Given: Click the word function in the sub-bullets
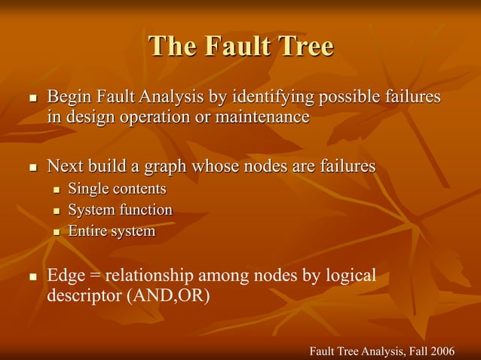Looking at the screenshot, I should click(147, 209).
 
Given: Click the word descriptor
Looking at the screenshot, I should click(82, 295).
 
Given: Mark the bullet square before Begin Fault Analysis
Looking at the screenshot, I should click(32, 99).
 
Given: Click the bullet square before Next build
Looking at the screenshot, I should click(32, 166).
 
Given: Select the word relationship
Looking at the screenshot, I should click(158, 276).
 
